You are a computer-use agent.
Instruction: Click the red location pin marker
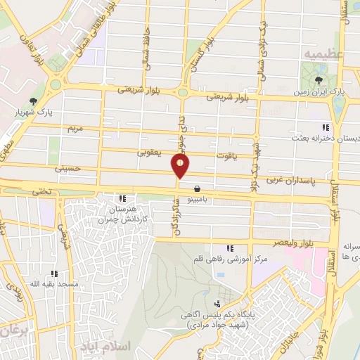[181, 165]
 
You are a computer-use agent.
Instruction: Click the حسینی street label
[67, 169]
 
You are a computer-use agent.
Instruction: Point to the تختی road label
[37, 191]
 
